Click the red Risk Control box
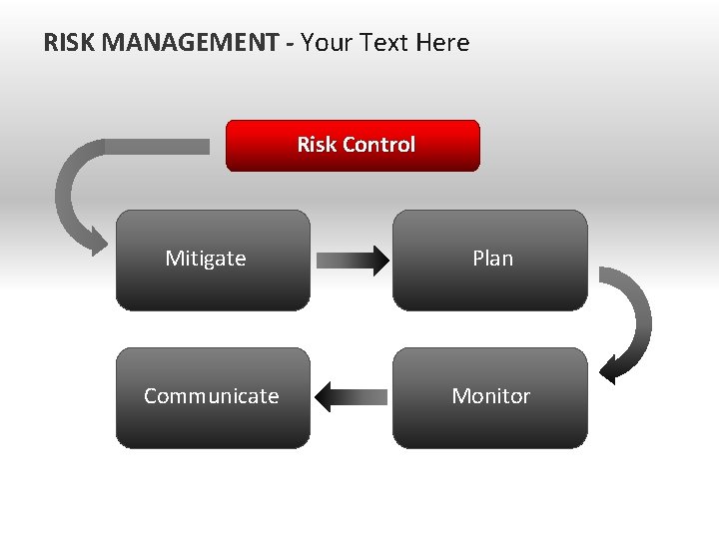pyautogui.click(x=353, y=146)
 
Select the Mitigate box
pyautogui.click(x=213, y=260)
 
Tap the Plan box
pyautogui.click(x=489, y=260)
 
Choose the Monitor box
pyautogui.click(x=489, y=397)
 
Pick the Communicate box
pyautogui.click(x=213, y=397)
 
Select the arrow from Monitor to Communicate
pyautogui.click(x=352, y=397)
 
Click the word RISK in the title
pyautogui.click(x=70, y=43)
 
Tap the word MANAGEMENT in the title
pyautogui.click(x=190, y=43)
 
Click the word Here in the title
pyautogui.click(x=444, y=43)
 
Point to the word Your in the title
pyautogui.click(x=327, y=43)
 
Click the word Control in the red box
pyautogui.click(x=378, y=145)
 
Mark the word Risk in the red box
pyautogui.click(x=317, y=145)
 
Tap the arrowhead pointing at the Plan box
pyautogui.click(x=376, y=261)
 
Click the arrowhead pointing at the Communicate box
pyautogui.click(x=324, y=397)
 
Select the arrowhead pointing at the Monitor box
pyautogui.click(x=608, y=372)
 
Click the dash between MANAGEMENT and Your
pyautogui.click(x=290, y=44)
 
